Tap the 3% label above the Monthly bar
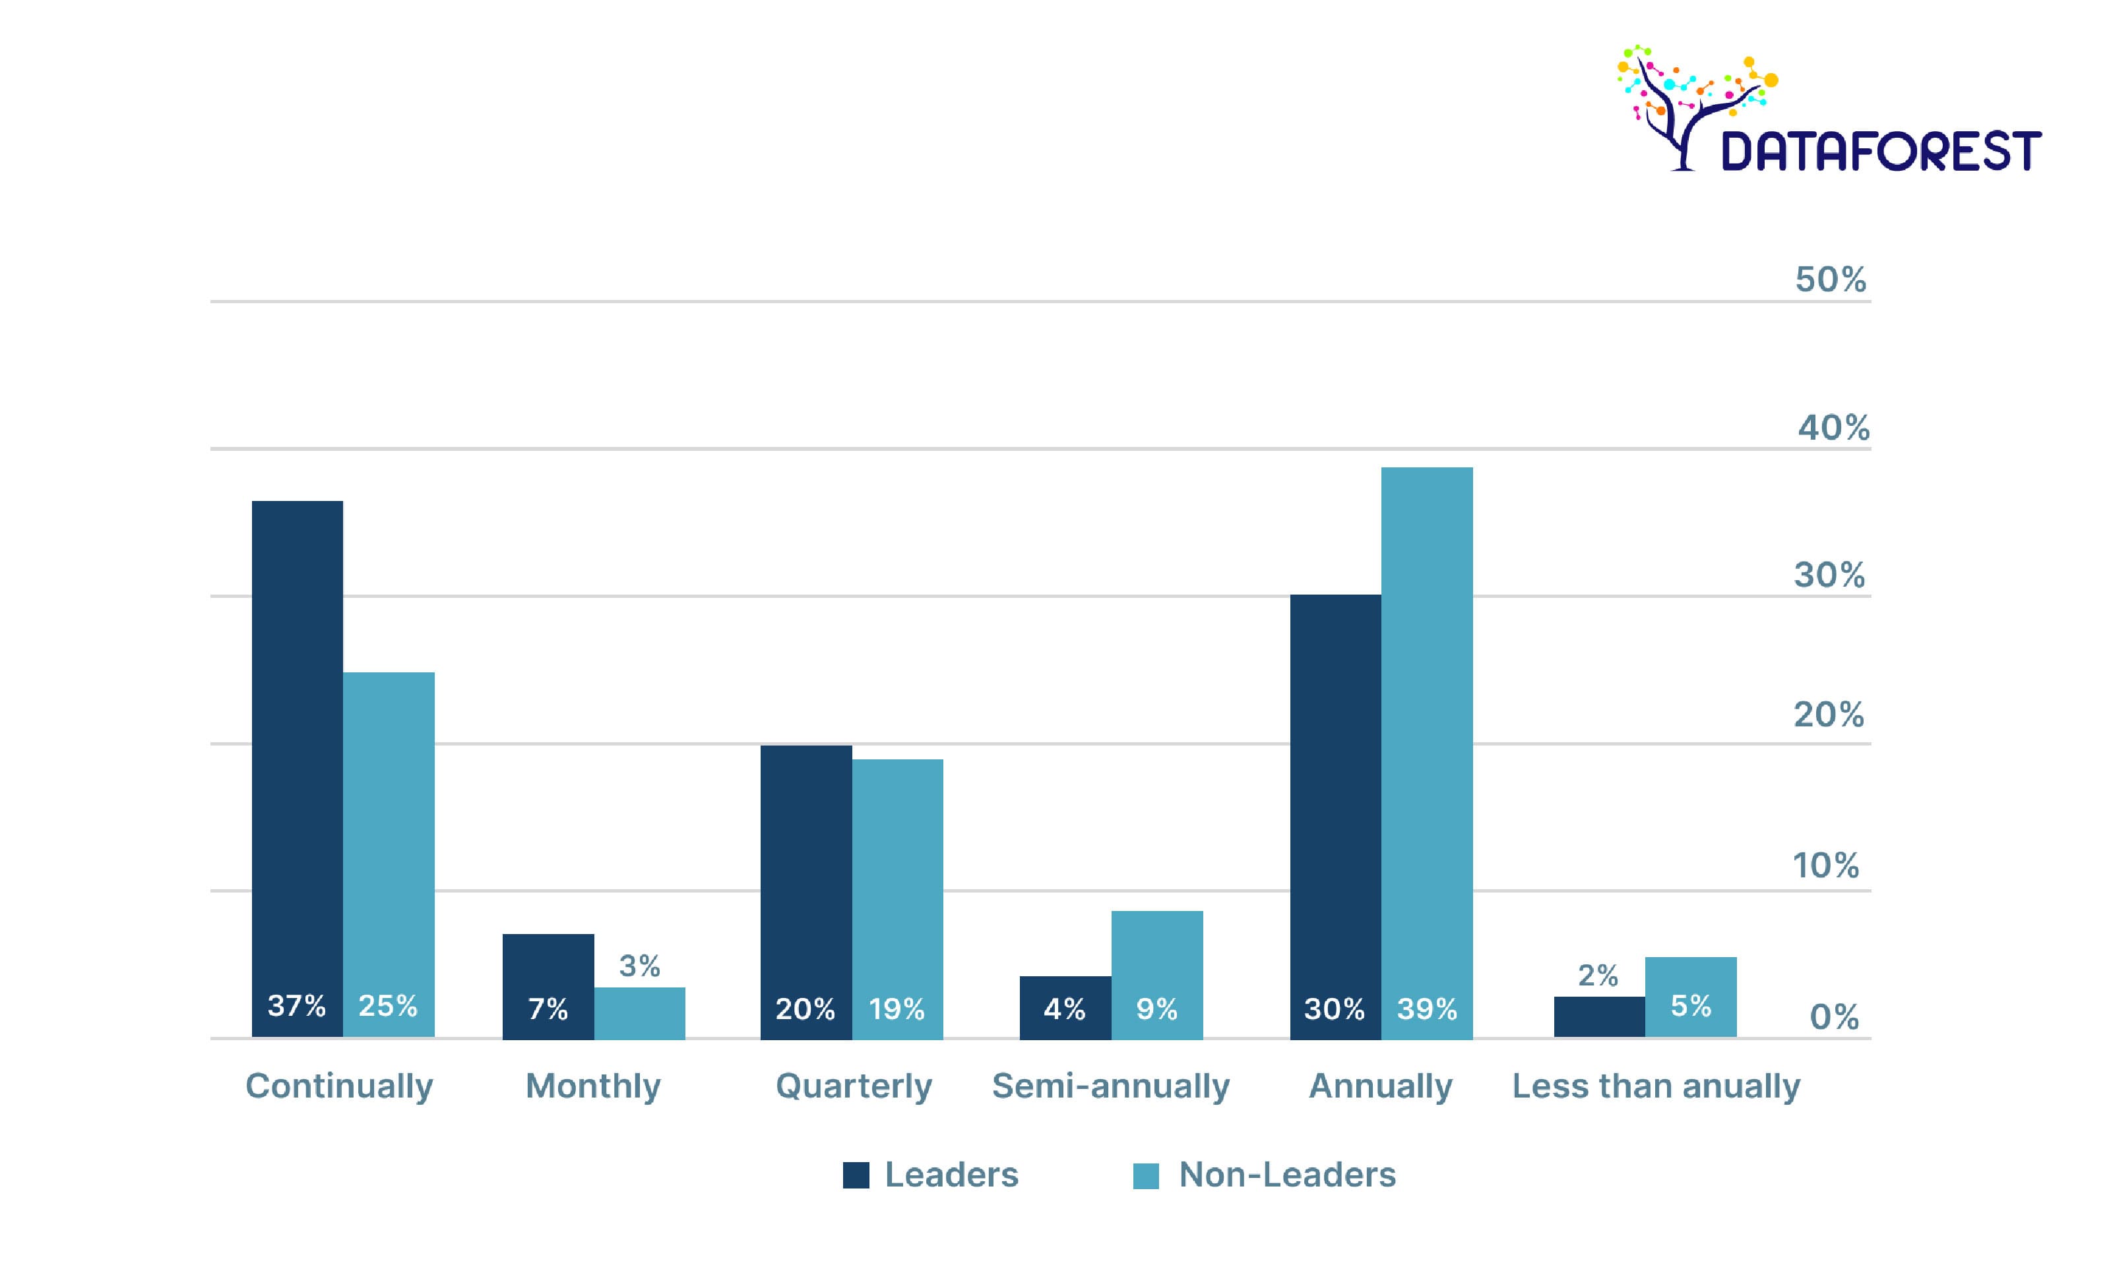point(639,966)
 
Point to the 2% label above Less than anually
point(1598,976)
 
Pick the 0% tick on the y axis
point(1833,1017)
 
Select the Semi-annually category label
point(1110,1086)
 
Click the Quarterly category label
point(854,1086)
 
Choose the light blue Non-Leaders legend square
point(1145,1176)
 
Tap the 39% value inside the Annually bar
point(1427,1009)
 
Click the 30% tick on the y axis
point(1829,575)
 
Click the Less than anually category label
point(1655,1086)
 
